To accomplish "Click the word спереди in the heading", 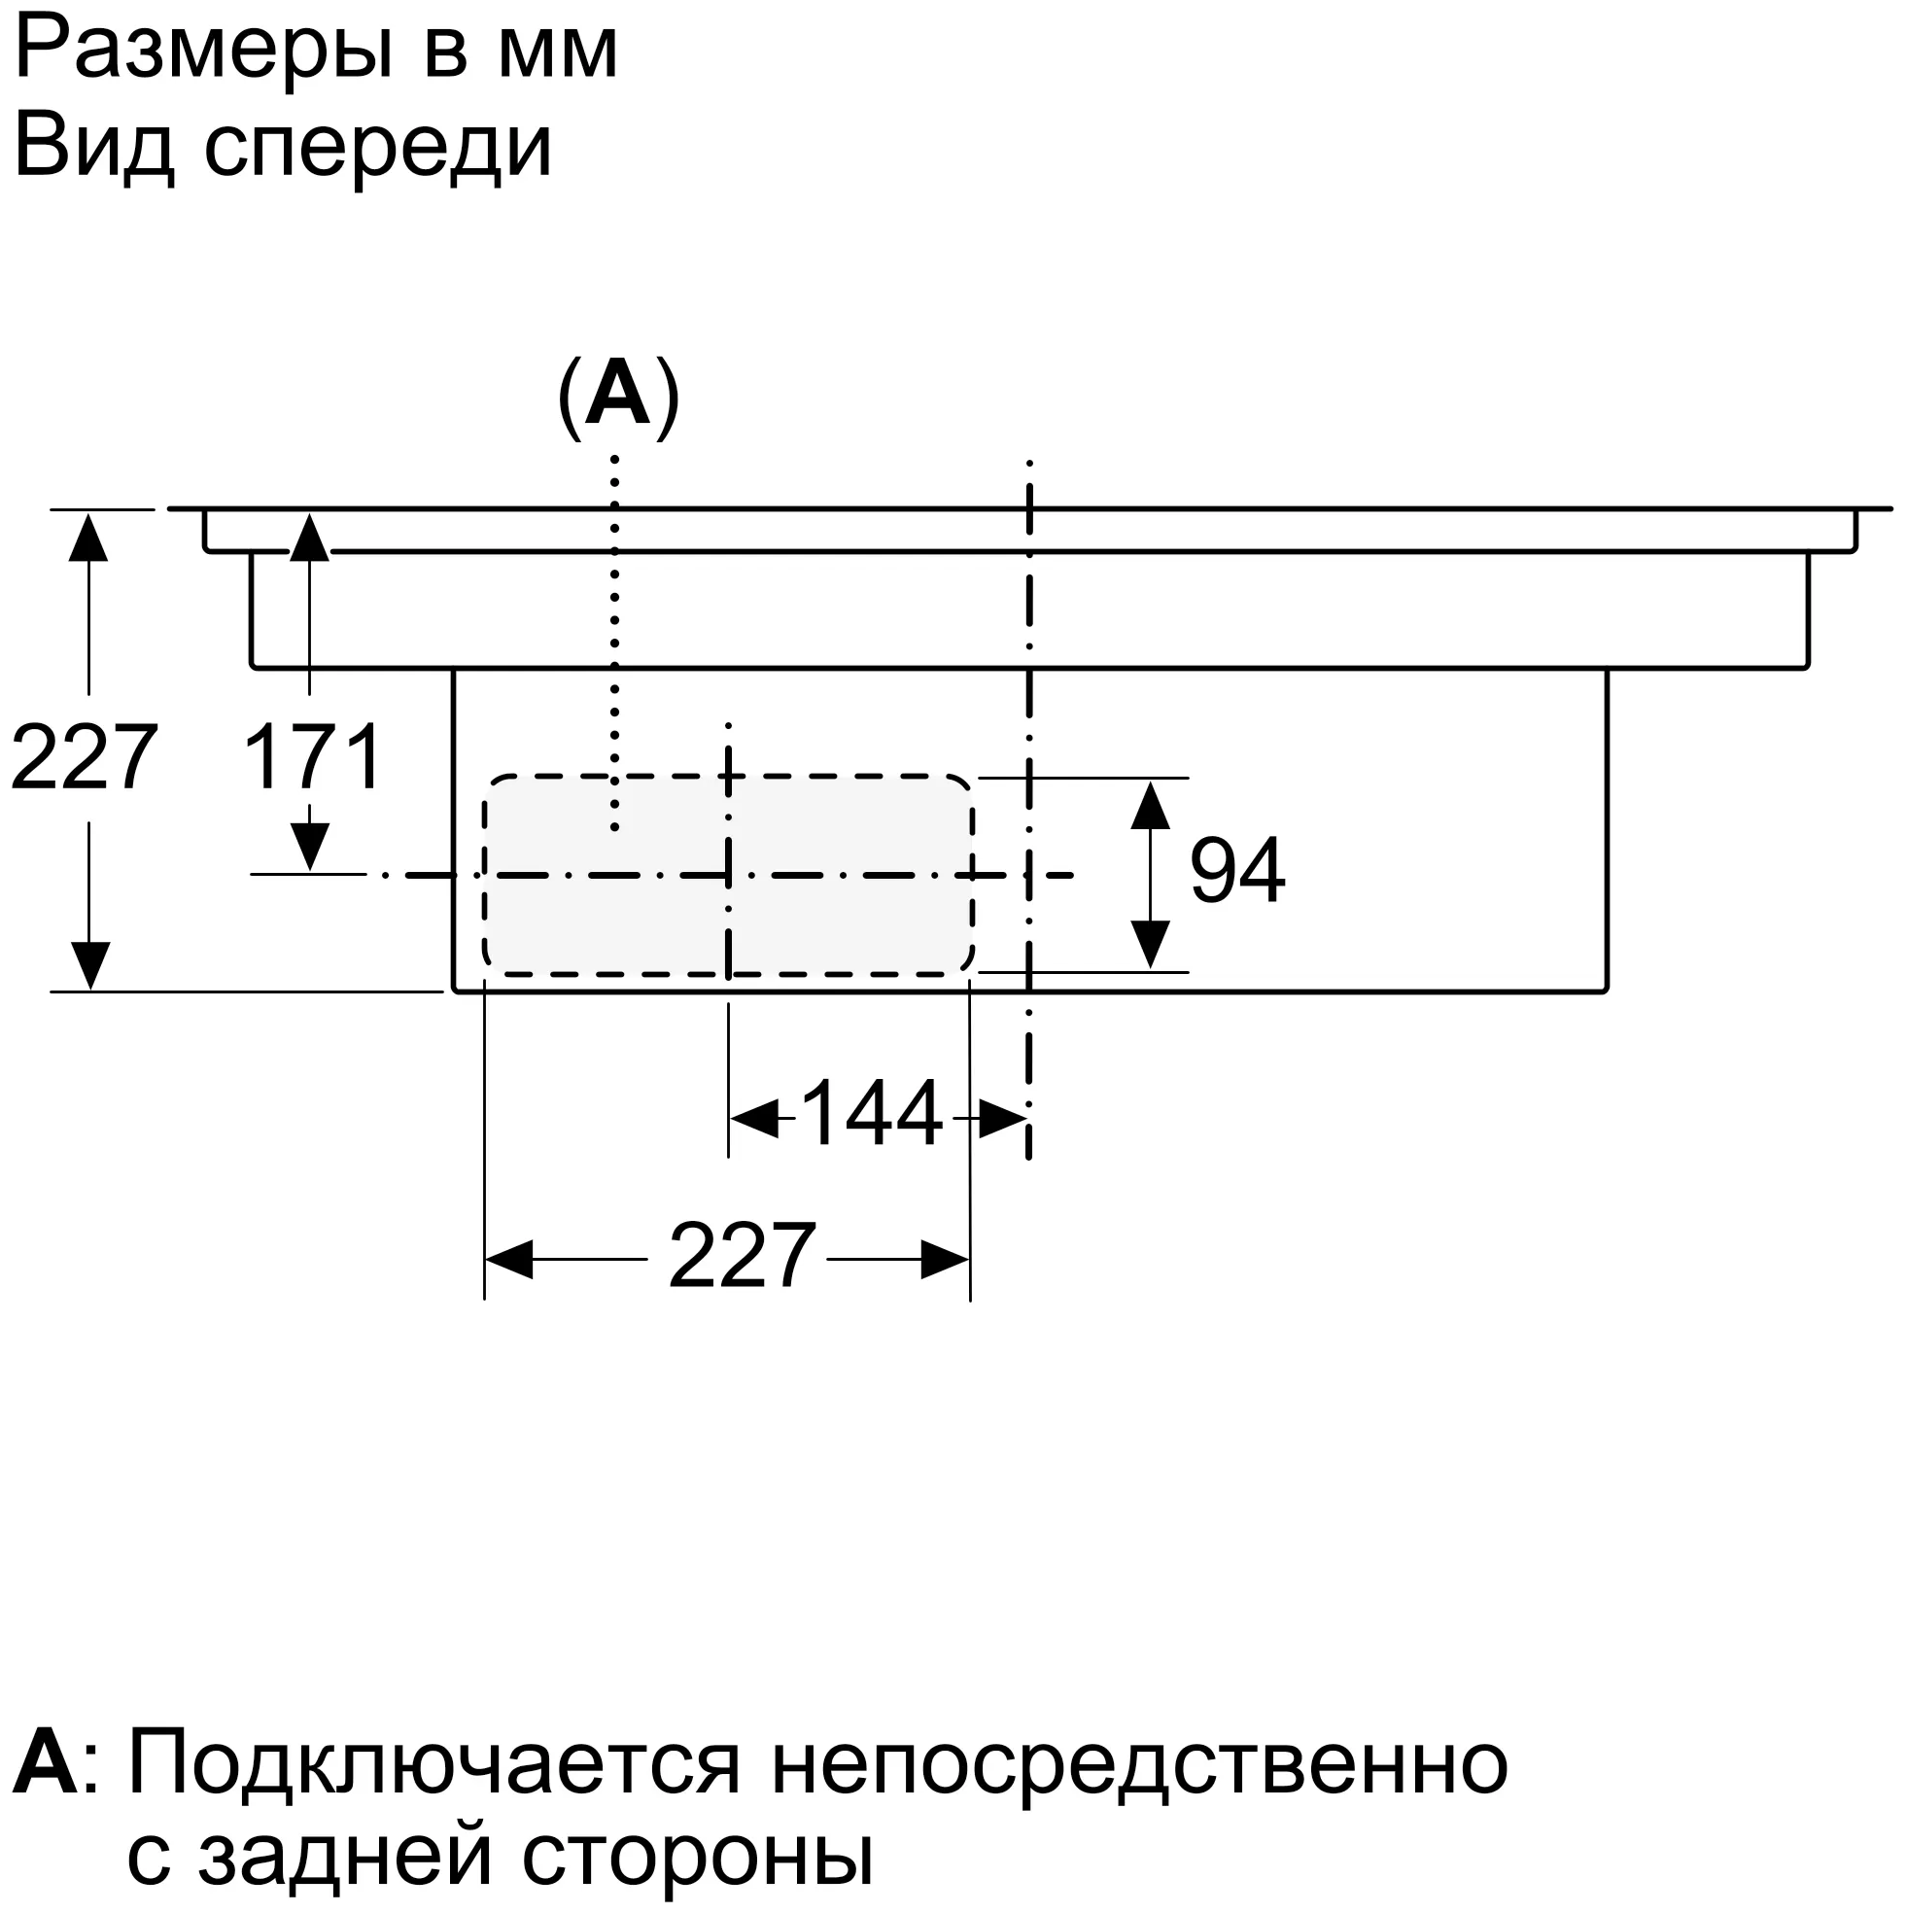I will click(377, 149).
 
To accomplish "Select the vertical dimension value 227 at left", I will click(85, 757).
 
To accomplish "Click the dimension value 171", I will click(313, 757).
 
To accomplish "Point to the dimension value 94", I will click(1236, 870).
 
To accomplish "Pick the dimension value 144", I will click(871, 1114).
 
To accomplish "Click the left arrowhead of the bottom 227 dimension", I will click(509, 1259).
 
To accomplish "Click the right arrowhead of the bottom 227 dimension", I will click(946, 1259).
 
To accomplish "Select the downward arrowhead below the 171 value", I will click(310, 847).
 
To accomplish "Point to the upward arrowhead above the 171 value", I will click(310, 538).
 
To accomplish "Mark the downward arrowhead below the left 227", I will click(89, 965).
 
